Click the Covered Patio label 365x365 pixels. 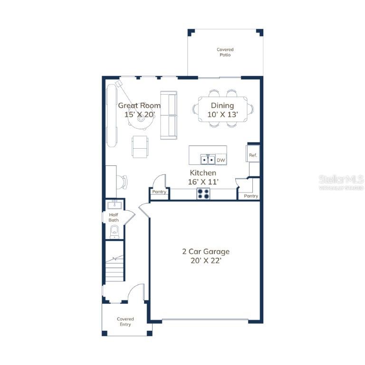[225, 52]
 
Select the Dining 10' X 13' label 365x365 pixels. [222, 110]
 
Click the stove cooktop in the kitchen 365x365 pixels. [203, 194]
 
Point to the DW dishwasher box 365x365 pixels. [221, 160]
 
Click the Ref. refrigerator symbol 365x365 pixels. [253, 154]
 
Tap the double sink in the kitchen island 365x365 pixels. [208, 160]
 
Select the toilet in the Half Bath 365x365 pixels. [114, 232]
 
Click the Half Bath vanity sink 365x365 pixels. [114, 205]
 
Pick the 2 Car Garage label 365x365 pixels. [206, 256]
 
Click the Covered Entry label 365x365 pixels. [125, 322]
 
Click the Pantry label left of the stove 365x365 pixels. [159, 192]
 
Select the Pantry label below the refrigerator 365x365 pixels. [251, 196]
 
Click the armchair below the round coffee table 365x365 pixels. [140, 147]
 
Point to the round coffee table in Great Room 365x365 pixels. [141, 118]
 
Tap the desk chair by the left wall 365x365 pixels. [122, 182]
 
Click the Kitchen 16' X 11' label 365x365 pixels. [203, 177]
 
